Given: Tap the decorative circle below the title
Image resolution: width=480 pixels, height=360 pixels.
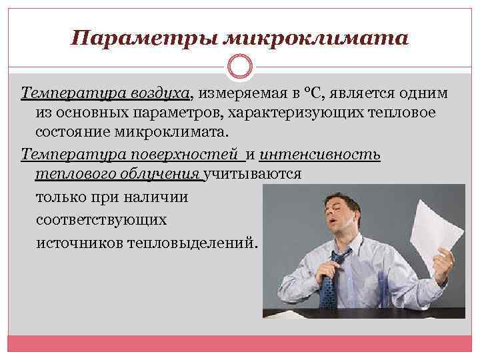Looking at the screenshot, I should click(240, 67).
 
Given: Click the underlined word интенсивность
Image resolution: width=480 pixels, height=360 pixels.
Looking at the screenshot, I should click(320, 155).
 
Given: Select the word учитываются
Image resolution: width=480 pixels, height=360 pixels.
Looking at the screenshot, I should click(253, 175).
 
